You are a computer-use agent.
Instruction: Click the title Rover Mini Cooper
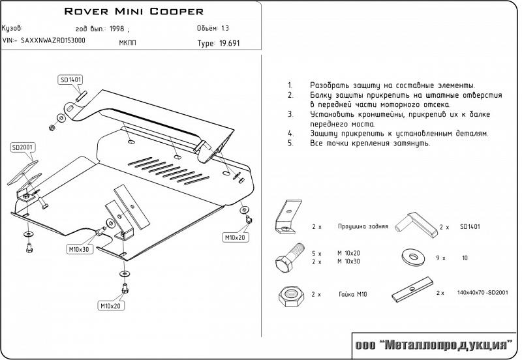click(x=134, y=12)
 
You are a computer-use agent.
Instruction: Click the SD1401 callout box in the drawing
click(x=70, y=80)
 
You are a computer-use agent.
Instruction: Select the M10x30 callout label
click(x=78, y=249)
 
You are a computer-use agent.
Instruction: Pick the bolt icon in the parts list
click(x=290, y=256)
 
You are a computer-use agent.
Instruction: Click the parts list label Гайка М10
click(x=352, y=295)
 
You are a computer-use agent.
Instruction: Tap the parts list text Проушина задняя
click(x=363, y=226)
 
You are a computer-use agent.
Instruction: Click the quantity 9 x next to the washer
click(x=440, y=258)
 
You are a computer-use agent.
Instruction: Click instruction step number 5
click(x=289, y=142)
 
